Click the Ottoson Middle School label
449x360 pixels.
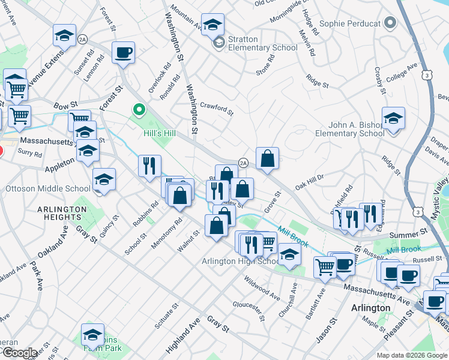coord(48,188)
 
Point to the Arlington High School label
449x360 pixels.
coord(240,261)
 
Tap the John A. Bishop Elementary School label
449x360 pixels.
coord(356,129)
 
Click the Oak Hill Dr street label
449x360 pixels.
coord(309,182)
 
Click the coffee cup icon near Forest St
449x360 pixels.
coord(123,52)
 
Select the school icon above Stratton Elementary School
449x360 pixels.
coord(212,25)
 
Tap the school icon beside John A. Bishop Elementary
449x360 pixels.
coord(393,118)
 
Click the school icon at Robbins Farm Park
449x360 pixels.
coord(92,334)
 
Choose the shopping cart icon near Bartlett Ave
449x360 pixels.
coord(325,266)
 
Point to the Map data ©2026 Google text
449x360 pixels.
coord(412,355)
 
